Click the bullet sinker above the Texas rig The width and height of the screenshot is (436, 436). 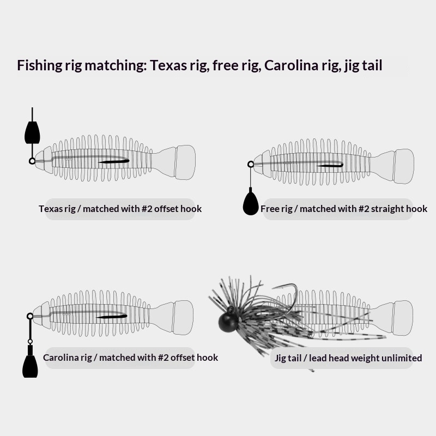coord(32,132)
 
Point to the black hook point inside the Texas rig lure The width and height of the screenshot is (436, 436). coord(114,161)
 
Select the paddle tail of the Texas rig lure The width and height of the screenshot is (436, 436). coord(185,162)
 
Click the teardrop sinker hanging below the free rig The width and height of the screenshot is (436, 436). coord(251,202)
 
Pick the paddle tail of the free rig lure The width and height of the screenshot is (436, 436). coord(404,166)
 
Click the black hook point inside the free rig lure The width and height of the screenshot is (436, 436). coord(330,166)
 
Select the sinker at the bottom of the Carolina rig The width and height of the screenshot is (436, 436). coord(30,362)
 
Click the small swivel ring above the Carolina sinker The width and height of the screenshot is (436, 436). coord(30,342)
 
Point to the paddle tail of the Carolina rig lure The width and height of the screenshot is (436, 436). coord(183,318)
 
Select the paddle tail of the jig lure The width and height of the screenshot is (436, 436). coord(403,318)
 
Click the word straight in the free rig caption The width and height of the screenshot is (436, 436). coord(387,209)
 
